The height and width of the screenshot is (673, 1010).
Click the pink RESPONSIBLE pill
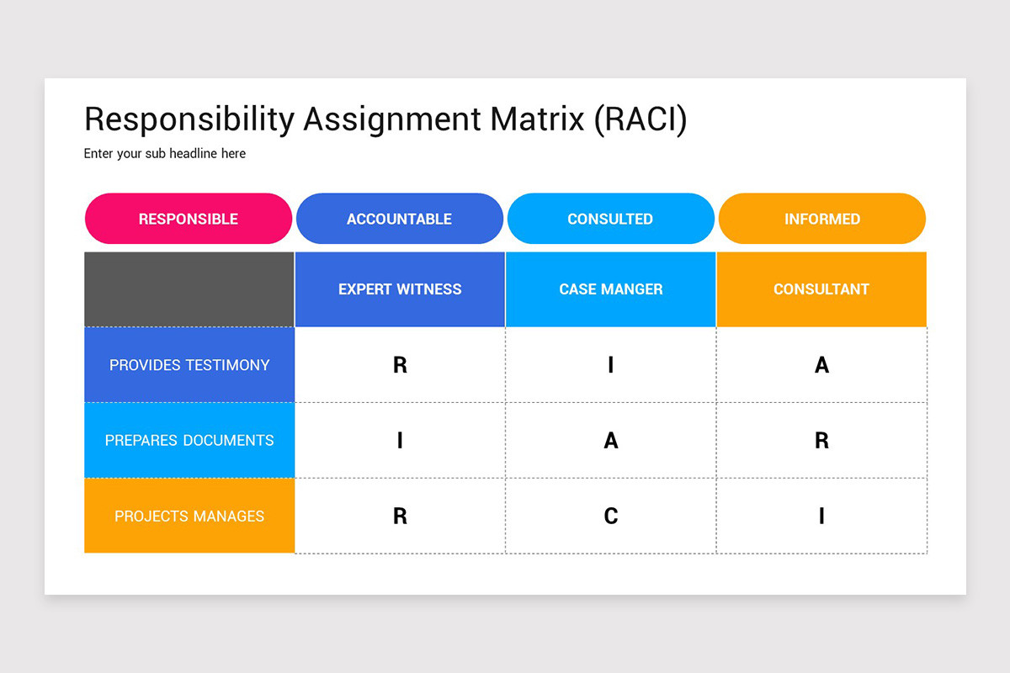pyautogui.click(x=189, y=219)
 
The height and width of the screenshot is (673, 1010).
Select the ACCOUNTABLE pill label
pyautogui.click(x=400, y=219)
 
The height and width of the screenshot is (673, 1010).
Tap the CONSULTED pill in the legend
pyautogui.click(x=610, y=219)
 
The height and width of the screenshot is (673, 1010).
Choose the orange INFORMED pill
pyautogui.click(x=822, y=219)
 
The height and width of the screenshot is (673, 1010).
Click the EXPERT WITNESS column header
pyautogui.click(x=400, y=289)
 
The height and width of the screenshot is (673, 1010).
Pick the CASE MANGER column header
pyautogui.click(x=611, y=289)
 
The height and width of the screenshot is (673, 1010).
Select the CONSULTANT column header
pyautogui.click(x=821, y=289)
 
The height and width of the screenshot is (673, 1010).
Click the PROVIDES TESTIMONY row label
pyautogui.click(x=189, y=364)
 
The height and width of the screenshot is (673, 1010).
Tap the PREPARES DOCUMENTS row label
pyautogui.click(x=189, y=440)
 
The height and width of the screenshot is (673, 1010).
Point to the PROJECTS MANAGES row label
pyautogui.click(x=189, y=516)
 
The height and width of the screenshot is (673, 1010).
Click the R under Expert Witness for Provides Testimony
pyautogui.click(x=400, y=364)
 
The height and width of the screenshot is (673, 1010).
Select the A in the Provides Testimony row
pyautogui.click(x=821, y=364)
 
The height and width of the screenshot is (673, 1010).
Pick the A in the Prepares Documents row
pyautogui.click(x=611, y=441)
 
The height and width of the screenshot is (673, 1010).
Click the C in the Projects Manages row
pyautogui.click(x=611, y=516)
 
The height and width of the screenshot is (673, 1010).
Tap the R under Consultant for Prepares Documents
pyautogui.click(x=821, y=441)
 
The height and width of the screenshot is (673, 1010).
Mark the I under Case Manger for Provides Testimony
pyautogui.click(x=611, y=364)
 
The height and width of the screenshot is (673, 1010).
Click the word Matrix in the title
pyautogui.click(x=537, y=119)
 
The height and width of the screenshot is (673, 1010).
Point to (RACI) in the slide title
pyautogui.click(x=641, y=120)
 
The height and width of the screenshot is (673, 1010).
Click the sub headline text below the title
pyautogui.click(x=165, y=154)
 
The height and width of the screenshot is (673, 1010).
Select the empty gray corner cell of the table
pyautogui.click(x=189, y=289)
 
